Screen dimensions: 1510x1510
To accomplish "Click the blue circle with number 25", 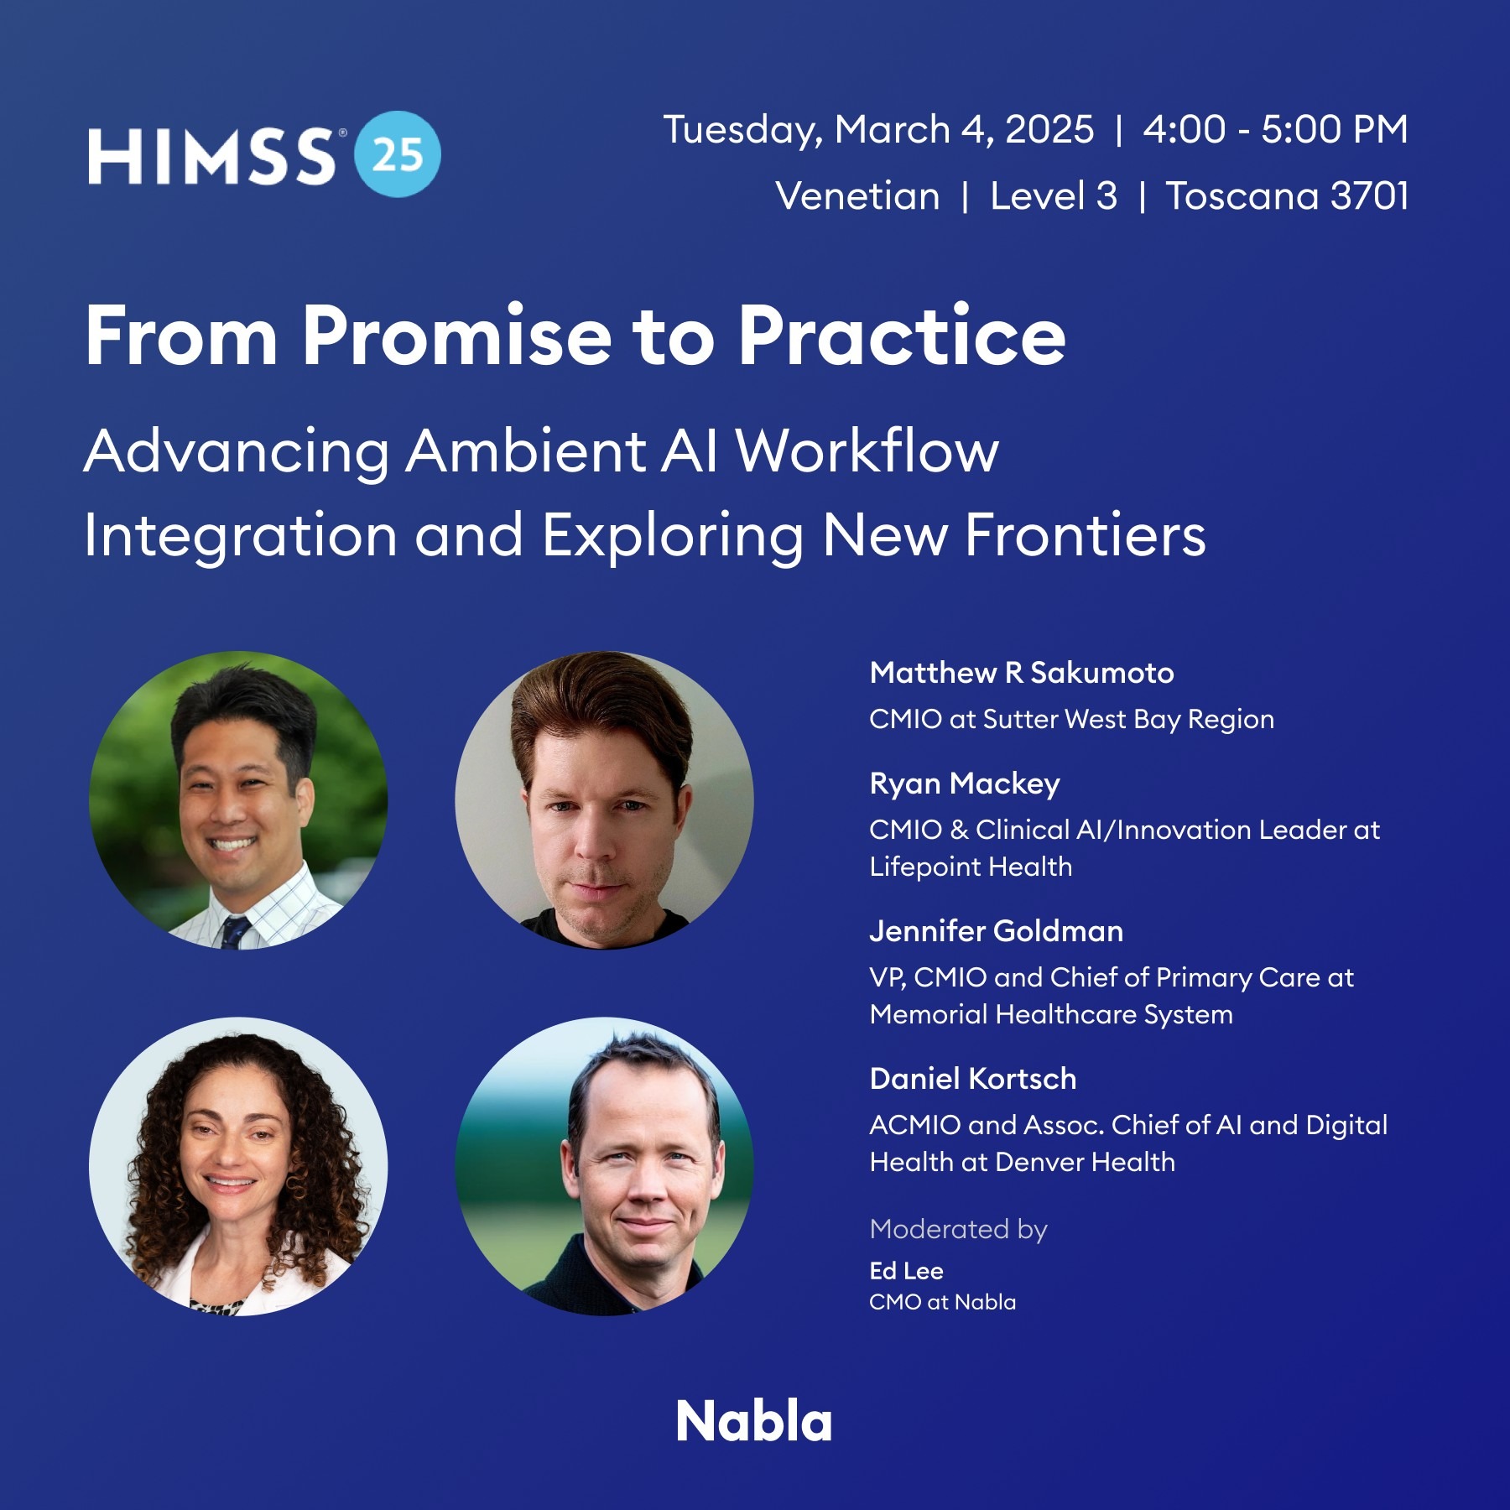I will tap(398, 154).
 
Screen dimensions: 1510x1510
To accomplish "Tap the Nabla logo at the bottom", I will tap(754, 1422).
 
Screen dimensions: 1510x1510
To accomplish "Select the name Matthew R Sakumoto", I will tap(1021, 673).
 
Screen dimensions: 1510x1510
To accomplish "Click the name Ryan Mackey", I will tap(965, 784).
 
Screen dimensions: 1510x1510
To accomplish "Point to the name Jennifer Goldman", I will tap(996, 931).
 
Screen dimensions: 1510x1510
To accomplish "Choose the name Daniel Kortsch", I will tap(972, 1079).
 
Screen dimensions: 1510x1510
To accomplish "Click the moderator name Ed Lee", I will tap(906, 1271).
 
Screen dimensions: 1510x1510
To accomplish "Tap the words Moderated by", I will tap(958, 1229).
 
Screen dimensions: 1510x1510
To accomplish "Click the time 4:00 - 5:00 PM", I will tap(1275, 130).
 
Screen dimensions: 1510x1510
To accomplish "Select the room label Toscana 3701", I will tap(1287, 196).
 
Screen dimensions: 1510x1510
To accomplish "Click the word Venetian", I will tap(857, 196).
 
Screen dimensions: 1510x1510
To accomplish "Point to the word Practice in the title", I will tap(902, 337).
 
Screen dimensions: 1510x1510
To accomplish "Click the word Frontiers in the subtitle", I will tap(1086, 535).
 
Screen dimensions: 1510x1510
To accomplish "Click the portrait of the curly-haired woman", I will tap(238, 1166).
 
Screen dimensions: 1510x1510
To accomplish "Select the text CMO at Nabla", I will tap(942, 1302).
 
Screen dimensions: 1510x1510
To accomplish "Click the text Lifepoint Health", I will tap(971, 867).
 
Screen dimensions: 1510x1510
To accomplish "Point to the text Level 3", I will tap(1054, 196).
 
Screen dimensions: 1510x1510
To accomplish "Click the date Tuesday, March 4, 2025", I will tap(878, 130).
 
